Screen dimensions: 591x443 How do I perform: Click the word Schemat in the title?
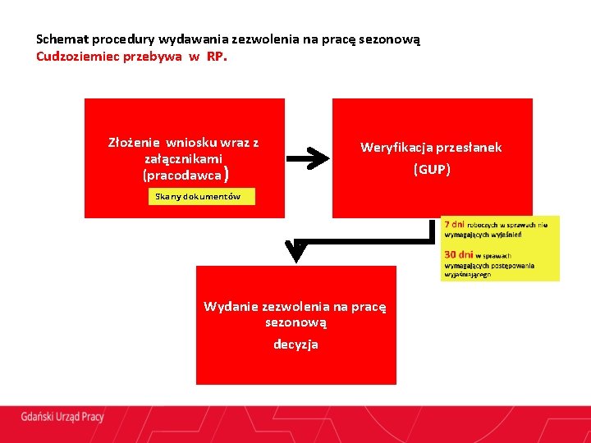61,39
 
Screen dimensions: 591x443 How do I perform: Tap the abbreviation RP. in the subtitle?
216,57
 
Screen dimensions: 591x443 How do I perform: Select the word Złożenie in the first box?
135,142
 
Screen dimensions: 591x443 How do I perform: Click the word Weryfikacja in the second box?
395,148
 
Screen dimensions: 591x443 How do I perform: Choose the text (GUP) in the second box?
432,170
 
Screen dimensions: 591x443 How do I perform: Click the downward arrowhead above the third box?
298,253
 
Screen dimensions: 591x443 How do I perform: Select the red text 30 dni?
458,255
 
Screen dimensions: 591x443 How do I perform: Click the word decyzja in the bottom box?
295,345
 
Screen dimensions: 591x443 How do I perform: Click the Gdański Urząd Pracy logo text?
62,417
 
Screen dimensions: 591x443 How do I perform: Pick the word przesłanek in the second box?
470,148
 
